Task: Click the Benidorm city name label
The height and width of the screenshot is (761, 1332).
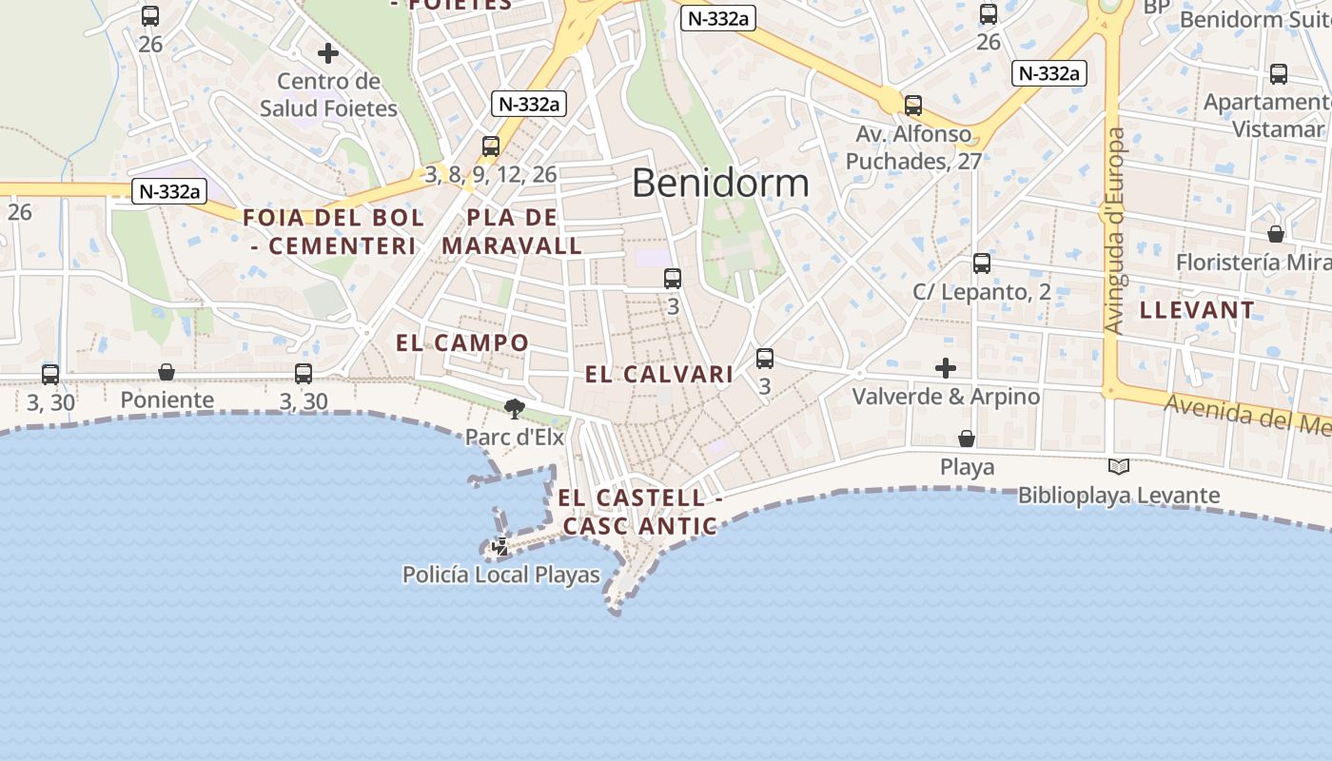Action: pyautogui.click(x=720, y=183)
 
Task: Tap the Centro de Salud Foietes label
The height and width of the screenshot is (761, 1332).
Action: pyautogui.click(x=328, y=95)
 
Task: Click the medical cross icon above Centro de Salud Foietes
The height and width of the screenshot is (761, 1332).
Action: pyautogui.click(x=328, y=53)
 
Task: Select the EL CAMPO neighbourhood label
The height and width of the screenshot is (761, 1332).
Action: pyautogui.click(x=462, y=343)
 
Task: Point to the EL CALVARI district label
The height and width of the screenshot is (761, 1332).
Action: pyautogui.click(x=659, y=375)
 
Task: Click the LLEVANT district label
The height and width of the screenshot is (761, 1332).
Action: pyautogui.click(x=1197, y=310)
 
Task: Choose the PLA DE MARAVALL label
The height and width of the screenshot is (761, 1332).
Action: pyautogui.click(x=512, y=231)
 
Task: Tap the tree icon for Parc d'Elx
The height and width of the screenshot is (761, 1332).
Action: pyautogui.click(x=515, y=410)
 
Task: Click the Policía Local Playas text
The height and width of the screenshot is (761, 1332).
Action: pyautogui.click(x=501, y=575)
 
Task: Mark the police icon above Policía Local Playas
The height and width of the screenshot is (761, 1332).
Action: pyautogui.click(x=499, y=547)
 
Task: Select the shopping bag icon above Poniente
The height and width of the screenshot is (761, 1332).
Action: pyautogui.click(x=166, y=372)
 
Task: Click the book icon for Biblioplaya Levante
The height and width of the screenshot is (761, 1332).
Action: pyautogui.click(x=1119, y=467)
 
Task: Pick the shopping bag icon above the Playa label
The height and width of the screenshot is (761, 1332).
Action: pyautogui.click(x=967, y=439)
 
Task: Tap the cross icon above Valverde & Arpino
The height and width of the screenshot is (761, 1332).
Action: pyautogui.click(x=946, y=367)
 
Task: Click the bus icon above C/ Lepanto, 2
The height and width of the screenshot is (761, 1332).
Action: pyautogui.click(x=982, y=263)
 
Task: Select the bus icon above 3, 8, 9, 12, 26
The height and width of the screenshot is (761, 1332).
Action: pyautogui.click(x=491, y=146)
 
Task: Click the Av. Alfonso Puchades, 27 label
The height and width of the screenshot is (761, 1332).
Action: pyautogui.click(x=913, y=147)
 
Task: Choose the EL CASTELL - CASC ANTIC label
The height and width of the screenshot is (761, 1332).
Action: pyautogui.click(x=639, y=512)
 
